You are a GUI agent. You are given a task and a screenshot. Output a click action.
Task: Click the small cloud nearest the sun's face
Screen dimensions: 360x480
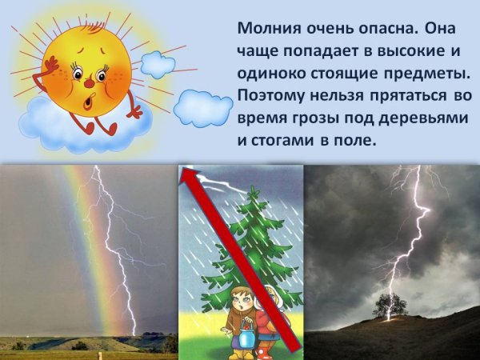click(158, 64)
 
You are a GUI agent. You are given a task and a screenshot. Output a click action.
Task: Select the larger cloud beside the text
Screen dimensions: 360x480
click(202, 108)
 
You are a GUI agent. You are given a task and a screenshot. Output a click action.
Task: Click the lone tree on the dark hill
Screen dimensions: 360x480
click(390, 305)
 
